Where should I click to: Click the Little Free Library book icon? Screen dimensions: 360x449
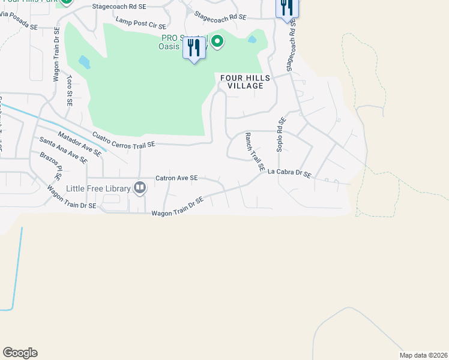pos(140,188)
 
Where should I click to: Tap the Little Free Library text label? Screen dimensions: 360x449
pos(98,188)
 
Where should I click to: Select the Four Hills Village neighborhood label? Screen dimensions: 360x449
pos(242,82)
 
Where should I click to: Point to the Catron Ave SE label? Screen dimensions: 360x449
pos(176,178)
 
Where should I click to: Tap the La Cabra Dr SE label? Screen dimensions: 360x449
pos(289,173)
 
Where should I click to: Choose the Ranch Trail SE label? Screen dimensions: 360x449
pos(255,153)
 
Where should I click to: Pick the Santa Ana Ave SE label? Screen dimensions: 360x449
pos(63,149)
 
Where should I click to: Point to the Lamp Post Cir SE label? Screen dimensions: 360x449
pos(140,23)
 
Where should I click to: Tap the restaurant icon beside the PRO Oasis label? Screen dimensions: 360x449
pos(194,48)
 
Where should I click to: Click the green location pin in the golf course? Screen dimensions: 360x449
pos(217,41)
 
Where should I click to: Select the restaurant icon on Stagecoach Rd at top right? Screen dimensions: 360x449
pos(287,7)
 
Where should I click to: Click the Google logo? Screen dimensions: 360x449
pos(20,353)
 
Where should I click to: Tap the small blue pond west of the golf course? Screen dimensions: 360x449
pos(84,62)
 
